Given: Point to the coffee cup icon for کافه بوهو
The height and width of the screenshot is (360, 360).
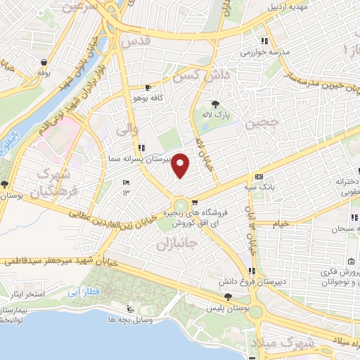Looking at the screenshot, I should (148, 88).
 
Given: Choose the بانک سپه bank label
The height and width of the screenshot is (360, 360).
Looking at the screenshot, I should (260, 187).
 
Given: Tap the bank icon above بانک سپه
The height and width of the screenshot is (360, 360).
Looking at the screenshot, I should (259, 176).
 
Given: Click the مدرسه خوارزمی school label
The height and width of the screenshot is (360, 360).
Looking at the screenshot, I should (260, 52).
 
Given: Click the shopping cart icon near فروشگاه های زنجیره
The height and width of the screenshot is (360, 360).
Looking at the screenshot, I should (185, 201).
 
